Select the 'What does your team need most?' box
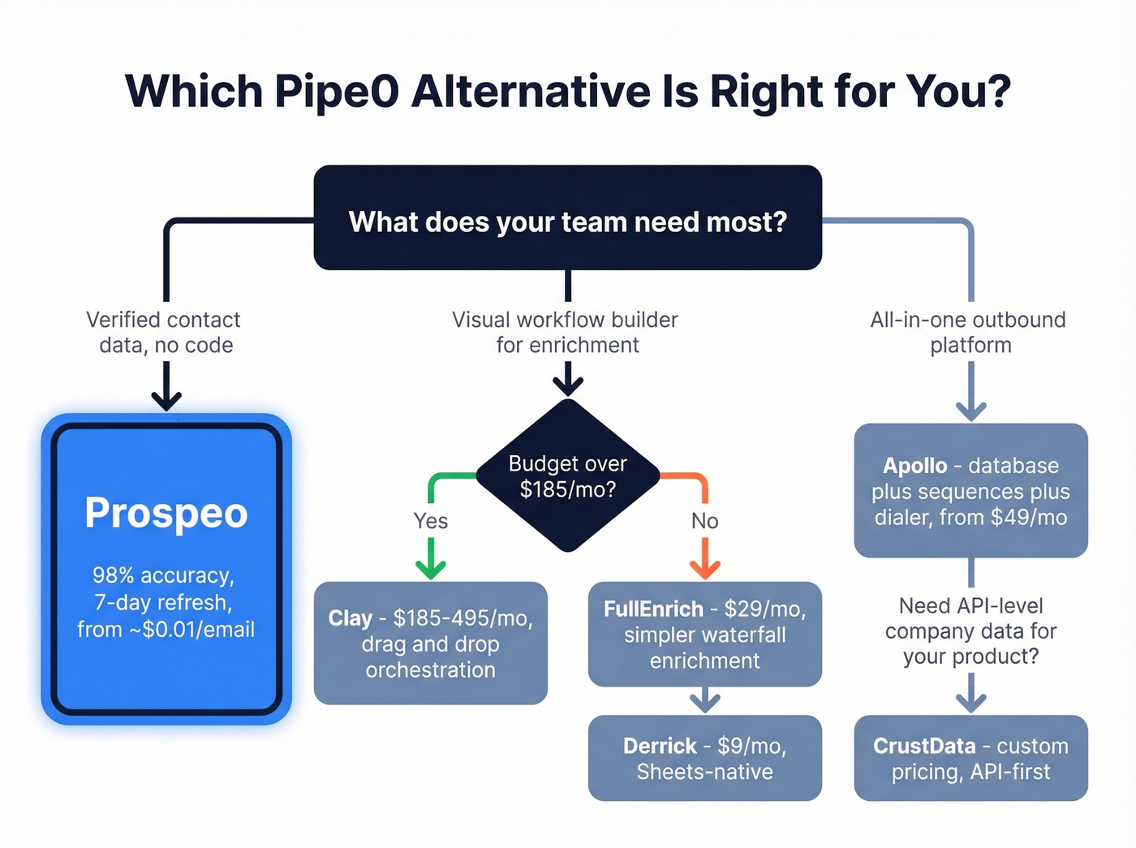[x=567, y=217]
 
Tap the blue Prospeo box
[x=166, y=568]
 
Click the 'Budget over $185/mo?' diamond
[x=567, y=476]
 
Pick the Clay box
[x=430, y=643]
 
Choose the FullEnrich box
[x=704, y=634]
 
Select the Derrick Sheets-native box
[x=704, y=758]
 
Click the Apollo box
[x=970, y=490]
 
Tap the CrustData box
[x=970, y=758]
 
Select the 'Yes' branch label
[x=430, y=521]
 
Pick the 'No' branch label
[x=704, y=521]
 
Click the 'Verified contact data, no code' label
[x=166, y=332]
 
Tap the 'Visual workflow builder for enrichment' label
[x=566, y=332]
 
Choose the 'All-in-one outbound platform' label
[x=969, y=332]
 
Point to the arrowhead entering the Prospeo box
[x=166, y=399]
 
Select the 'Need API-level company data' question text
[x=970, y=631]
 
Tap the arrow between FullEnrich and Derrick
[x=704, y=701]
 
